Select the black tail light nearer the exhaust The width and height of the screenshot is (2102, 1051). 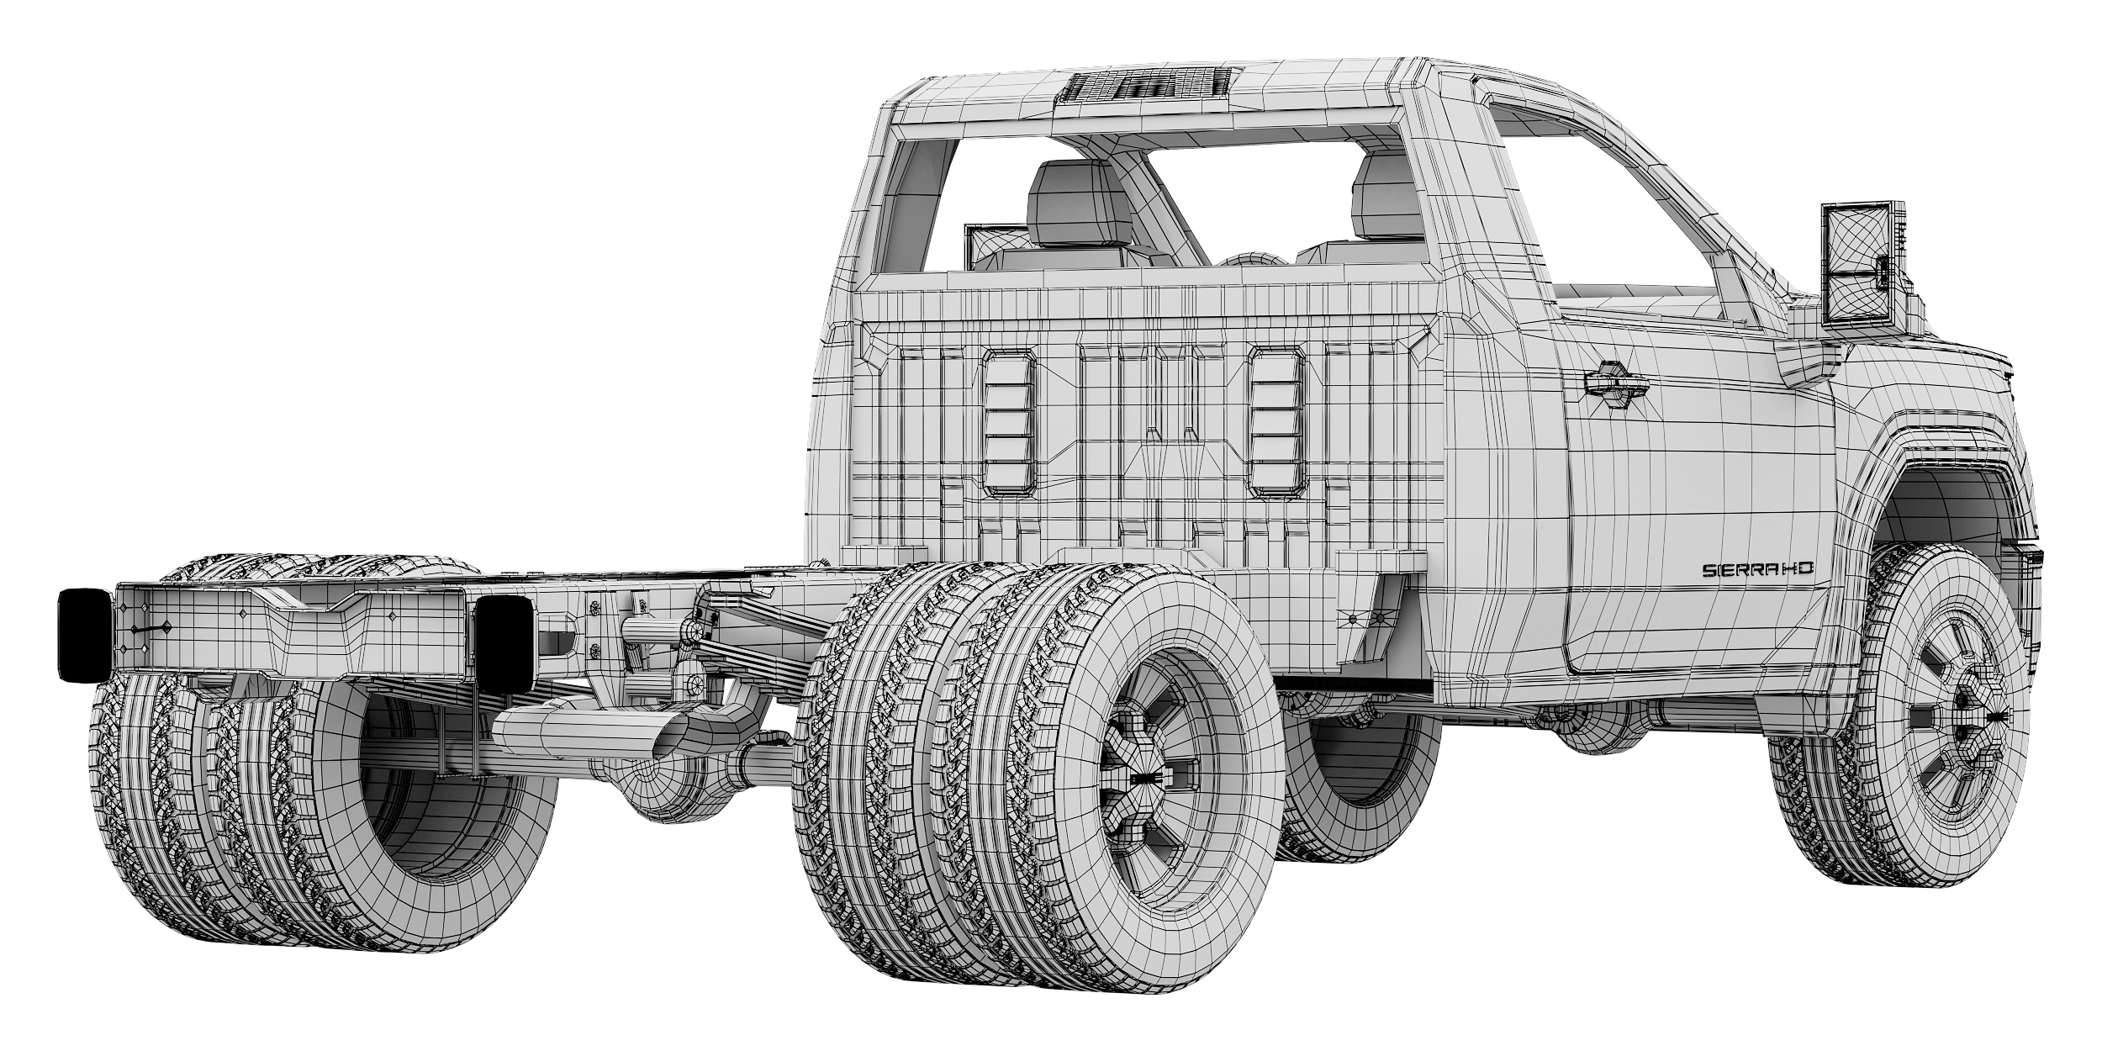tap(502, 642)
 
